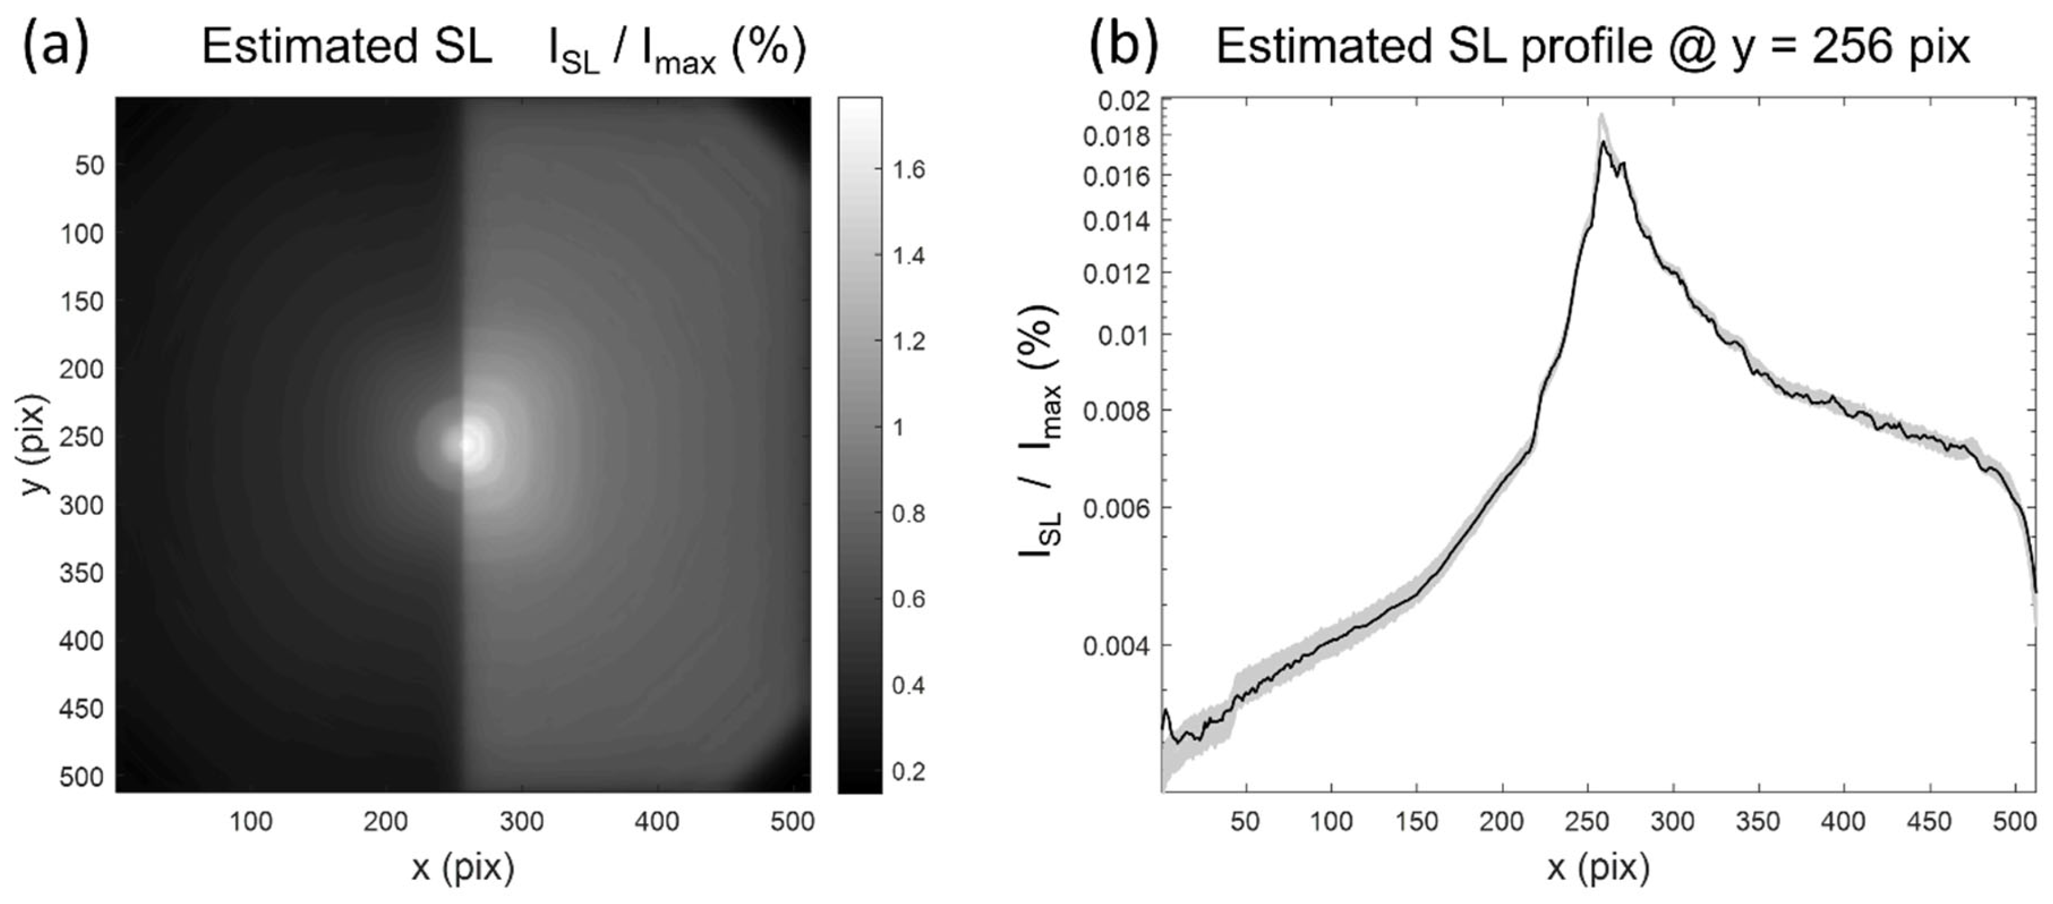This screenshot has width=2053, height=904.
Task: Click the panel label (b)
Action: pyautogui.click(x=1123, y=47)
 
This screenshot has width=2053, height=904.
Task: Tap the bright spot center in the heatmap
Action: pyautogui.click(x=469, y=444)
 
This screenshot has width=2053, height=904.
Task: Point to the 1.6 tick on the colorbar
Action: pyautogui.click(x=908, y=169)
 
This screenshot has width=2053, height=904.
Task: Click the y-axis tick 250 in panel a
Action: pyautogui.click(x=81, y=437)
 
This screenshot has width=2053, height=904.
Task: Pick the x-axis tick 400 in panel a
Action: pyautogui.click(x=657, y=821)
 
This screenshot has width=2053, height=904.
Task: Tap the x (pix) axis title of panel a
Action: pyautogui.click(x=462, y=868)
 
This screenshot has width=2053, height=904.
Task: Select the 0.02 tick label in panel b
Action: pyautogui.click(x=1124, y=101)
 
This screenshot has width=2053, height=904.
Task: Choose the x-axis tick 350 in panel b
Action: pyautogui.click(x=1758, y=821)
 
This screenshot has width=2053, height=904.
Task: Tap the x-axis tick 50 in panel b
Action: pyautogui.click(x=1245, y=821)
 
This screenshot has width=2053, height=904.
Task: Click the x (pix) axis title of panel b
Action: pyautogui.click(x=1599, y=868)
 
